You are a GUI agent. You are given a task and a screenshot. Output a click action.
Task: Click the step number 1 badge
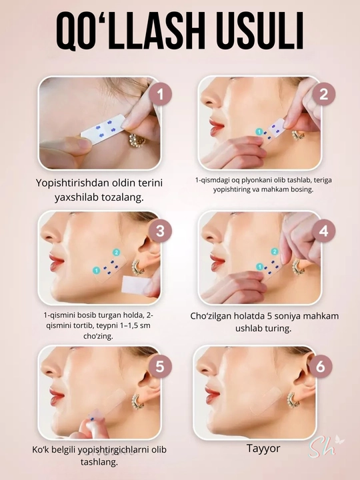point(160,95)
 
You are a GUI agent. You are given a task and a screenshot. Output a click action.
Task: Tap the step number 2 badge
point(324,94)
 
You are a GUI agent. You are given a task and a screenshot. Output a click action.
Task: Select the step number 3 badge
point(160,231)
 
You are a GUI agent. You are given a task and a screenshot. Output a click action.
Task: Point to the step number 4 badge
point(324,231)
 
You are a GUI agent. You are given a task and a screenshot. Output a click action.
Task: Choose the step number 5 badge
point(160,367)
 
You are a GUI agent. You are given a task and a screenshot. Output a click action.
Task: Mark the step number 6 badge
point(321,367)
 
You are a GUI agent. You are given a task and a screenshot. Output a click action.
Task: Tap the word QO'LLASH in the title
point(131,31)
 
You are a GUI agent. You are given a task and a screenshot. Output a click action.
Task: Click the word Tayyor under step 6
point(263,449)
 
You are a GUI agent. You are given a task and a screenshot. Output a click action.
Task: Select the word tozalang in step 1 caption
point(120,197)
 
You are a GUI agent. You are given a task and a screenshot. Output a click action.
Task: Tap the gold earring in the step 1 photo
point(137,140)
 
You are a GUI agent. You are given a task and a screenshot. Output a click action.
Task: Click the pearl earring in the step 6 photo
point(293,400)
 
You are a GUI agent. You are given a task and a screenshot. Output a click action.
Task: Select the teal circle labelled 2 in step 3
point(116,252)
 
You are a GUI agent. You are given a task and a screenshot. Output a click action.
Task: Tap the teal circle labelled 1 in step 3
point(97,270)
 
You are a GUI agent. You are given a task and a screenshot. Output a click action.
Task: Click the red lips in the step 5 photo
point(57,397)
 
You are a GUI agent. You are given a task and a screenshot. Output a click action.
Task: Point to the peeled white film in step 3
point(135,285)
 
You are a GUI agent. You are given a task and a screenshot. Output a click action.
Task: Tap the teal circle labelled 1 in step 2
point(259,132)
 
